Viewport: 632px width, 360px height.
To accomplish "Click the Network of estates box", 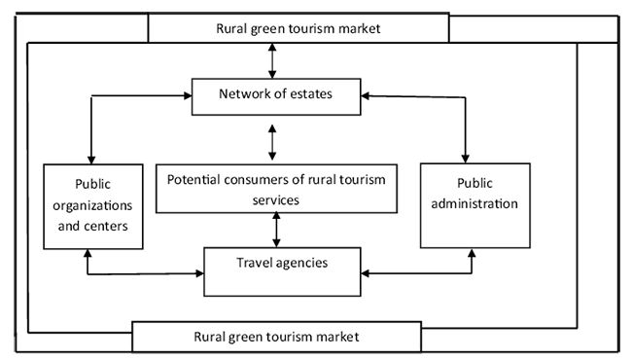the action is (x=276, y=96).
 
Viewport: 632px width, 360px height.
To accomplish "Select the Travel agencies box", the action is (x=282, y=271).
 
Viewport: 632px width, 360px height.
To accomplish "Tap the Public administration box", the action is (x=475, y=205).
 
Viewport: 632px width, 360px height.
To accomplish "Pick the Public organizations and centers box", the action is (x=93, y=206).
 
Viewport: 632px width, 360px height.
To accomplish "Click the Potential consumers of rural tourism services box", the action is (x=276, y=188).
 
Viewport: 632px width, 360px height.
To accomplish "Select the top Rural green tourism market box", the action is (x=298, y=28).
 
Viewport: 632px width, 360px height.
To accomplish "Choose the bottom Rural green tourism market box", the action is (x=276, y=337).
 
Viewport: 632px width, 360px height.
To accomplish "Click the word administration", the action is (x=474, y=203).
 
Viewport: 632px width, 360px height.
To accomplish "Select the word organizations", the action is (x=92, y=206).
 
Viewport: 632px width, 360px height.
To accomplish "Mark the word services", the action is (x=276, y=200).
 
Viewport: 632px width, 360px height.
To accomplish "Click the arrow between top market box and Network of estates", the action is (x=272, y=60).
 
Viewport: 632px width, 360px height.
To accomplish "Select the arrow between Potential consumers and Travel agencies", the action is (x=276, y=230).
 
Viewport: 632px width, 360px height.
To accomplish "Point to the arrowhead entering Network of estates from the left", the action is (x=188, y=95).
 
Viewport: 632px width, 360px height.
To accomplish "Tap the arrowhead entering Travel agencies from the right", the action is (x=366, y=273).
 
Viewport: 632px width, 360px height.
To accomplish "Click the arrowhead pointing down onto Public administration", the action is (x=466, y=159).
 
